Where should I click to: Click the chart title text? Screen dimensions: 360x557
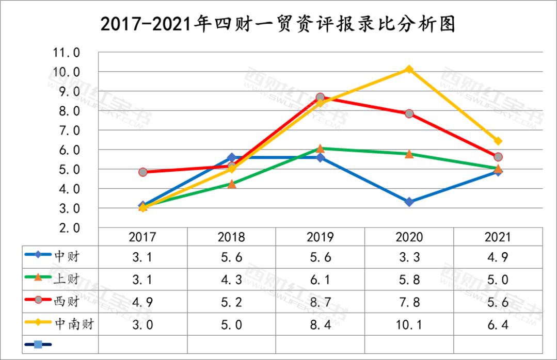[x=278, y=24]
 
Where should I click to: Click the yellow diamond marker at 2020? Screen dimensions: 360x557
[x=409, y=69]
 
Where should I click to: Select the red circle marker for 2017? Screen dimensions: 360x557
[x=143, y=172]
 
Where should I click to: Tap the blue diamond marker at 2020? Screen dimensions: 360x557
[x=409, y=202]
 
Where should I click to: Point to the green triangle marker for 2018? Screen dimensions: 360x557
[x=232, y=184]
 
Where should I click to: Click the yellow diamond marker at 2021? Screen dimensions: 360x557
[x=498, y=141]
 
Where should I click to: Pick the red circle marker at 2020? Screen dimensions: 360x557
[x=409, y=113]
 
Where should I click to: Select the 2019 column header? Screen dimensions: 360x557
[x=320, y=237]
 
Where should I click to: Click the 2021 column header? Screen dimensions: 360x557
[x=498, y=237]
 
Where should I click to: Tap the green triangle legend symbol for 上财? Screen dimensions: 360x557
[x=39, y=279]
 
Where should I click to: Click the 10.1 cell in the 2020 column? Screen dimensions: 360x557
[x=409, y=324]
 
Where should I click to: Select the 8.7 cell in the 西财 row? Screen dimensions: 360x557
[x=320, y=302]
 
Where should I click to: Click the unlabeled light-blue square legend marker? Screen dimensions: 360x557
[x=38, y=343]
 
